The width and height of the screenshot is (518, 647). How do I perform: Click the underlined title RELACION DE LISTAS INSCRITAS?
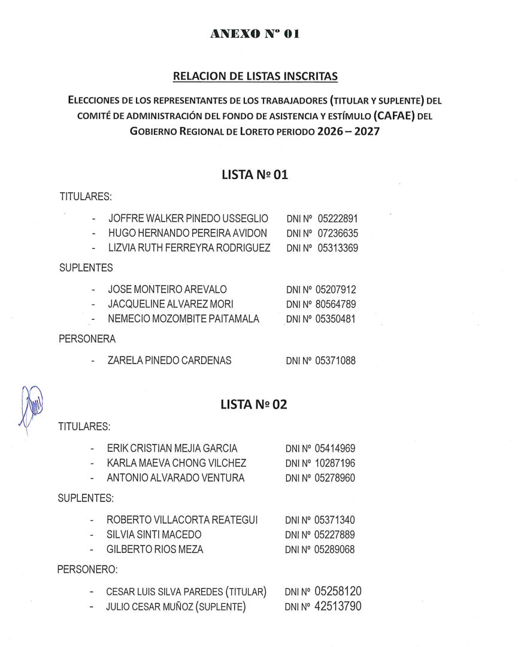point(255,76)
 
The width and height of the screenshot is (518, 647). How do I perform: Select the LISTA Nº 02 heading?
point(255,405)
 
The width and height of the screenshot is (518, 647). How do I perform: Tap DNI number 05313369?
point(338,247)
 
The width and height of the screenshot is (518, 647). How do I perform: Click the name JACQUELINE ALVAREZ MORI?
point(166,304)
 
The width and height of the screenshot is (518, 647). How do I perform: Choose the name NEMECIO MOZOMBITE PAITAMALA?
point(183,319)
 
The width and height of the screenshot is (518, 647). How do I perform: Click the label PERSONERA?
point(87,340)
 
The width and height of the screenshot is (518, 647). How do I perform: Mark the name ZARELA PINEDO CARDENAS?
point(169,361)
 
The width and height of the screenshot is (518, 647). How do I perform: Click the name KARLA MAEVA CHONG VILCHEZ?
point(176,463)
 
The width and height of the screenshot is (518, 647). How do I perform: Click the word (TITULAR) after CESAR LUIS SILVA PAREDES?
point(245,592)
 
